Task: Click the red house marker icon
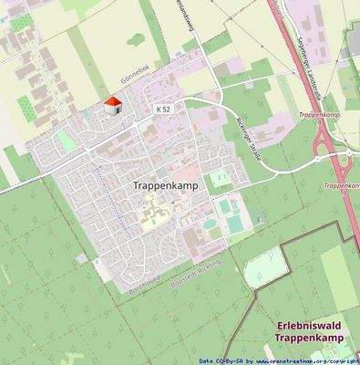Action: point(114,107)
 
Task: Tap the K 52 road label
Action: point(163,109)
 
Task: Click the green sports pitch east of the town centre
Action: point(220,178)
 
